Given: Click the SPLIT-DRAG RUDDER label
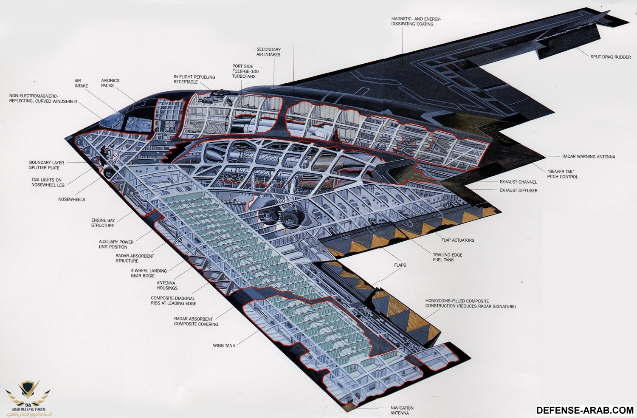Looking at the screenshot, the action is [611, 57].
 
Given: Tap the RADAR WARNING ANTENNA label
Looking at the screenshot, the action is [589, 156].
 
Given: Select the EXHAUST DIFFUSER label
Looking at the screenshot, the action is [519, 190].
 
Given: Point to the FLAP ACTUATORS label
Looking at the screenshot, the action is [457, 240].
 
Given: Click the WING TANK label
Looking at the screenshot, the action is [224, 345].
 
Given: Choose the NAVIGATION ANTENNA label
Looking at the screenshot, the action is [402, 410].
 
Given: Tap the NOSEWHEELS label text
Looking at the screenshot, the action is [72, 200].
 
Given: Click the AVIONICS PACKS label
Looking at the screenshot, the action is [110, 83].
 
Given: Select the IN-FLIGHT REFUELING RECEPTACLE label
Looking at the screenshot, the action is [194, 79].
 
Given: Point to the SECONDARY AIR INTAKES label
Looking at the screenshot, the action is [268, 52].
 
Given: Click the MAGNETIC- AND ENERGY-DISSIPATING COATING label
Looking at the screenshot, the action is [416, 21].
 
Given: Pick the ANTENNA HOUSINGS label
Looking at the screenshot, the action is [167, 285].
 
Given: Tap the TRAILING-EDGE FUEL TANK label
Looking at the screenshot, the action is [448, 257].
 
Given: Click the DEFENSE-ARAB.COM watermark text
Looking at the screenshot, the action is [585, 410].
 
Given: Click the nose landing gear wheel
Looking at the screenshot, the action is [109, 172].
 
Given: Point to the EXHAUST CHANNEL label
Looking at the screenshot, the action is [519, 182].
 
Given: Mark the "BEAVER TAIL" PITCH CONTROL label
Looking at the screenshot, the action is [562, 174].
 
